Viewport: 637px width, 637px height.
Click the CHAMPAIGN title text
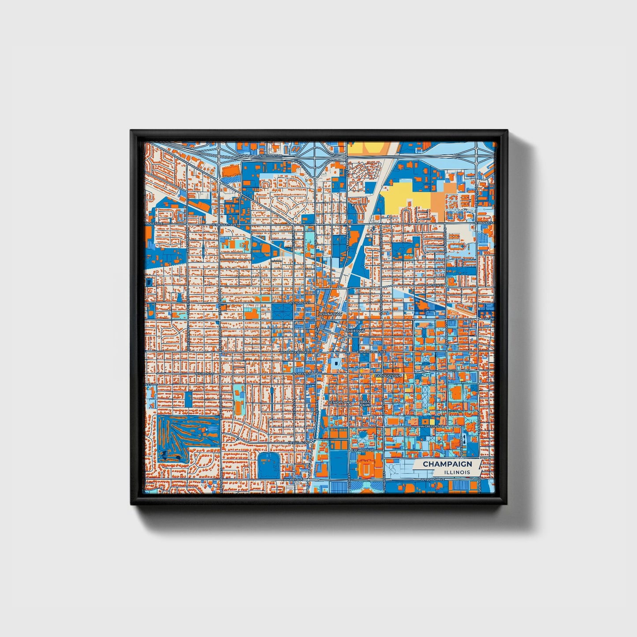click(x=447, y=464)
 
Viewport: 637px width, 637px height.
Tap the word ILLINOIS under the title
click(x=457, y=472)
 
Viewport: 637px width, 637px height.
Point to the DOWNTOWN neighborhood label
click(x=330, y=314)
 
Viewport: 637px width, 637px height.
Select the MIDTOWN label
click(x=356, y=331)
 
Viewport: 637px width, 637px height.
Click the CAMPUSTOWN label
click(x=388, y=376)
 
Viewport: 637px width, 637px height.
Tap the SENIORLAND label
click(x=340, y=402)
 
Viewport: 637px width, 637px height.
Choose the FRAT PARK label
click(x=365, y=403)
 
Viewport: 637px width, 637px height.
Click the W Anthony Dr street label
click(x=270, y=156)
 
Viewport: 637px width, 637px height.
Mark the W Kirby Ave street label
click(x=292, y=479)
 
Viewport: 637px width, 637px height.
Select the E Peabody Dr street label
click(x=362, y=450)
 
